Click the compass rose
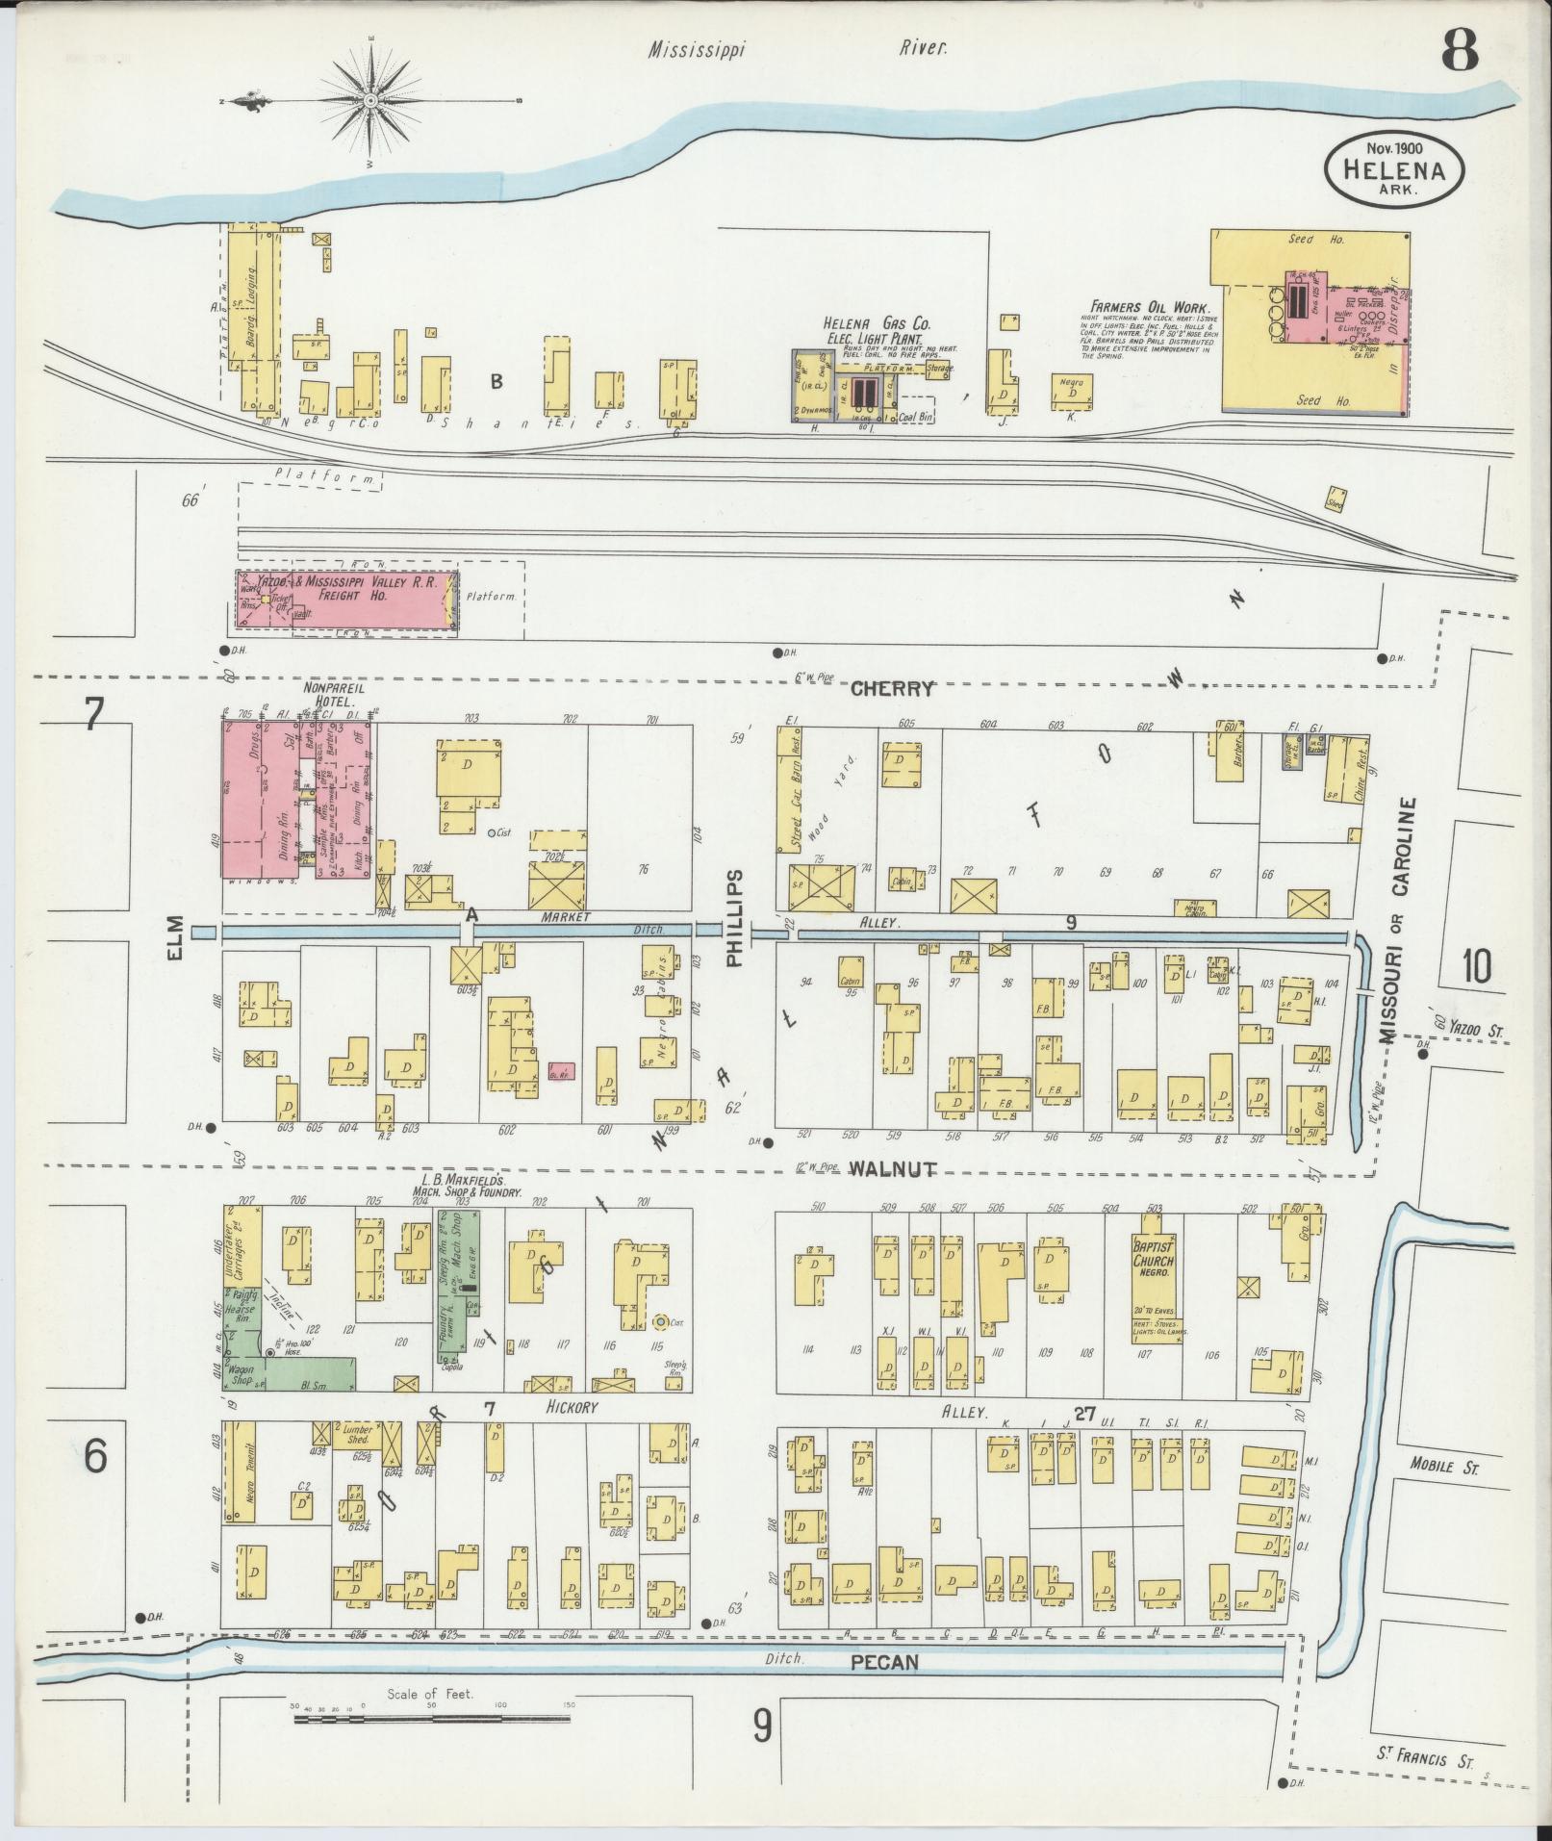coord(371,100)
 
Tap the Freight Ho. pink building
coord(346,601)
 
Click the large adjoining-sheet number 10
coord(1476,965)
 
